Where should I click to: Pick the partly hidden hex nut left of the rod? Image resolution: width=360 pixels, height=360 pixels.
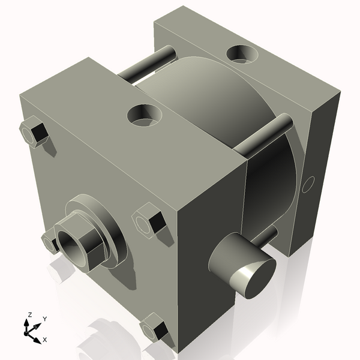tap(49, 242)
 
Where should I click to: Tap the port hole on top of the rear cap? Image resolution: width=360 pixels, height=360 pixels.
tap(242, 54)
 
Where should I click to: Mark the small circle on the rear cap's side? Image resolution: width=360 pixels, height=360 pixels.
tap(309, 184)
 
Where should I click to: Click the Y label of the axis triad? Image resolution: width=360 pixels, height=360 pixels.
tap(44, 319)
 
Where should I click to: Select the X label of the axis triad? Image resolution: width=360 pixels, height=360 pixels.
tap(44, 340)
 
